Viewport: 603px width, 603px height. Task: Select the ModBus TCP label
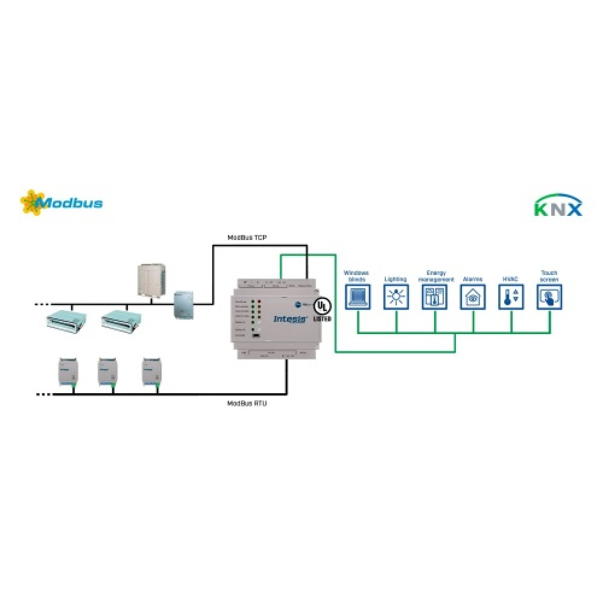tap(247, 238)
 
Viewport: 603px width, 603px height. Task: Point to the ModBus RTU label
tap(247, 403)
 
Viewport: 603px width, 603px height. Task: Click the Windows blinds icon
tap(356, 297)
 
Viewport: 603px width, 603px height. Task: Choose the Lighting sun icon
tap(396, 297)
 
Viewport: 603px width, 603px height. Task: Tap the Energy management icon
tap(434, 297)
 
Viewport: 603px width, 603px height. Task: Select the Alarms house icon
tap(473, 297)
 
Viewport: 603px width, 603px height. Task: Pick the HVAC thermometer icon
tap(511, 297)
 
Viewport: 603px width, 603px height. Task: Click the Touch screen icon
tap(549, 297)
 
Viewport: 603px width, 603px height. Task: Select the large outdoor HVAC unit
tap(153, 280)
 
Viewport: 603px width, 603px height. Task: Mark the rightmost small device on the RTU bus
tap(151, 371)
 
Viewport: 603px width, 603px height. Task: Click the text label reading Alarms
tap(473, 279)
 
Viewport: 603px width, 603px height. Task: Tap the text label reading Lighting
tap(396, 279)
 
